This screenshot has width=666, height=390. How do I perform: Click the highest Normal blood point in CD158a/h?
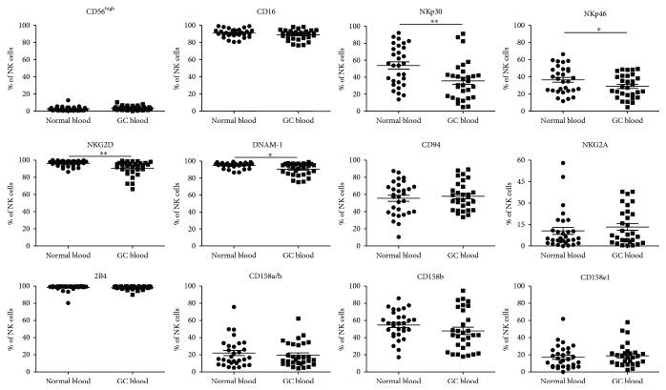pyautogui.click(x=233, y=307)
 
